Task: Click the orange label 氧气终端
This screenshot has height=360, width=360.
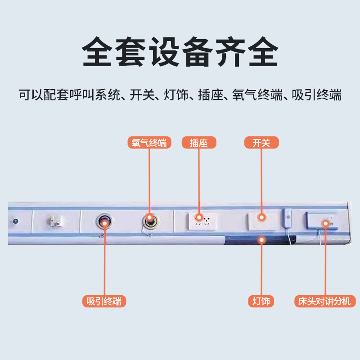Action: pos(149,143)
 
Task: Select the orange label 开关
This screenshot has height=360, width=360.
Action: pos(261,143)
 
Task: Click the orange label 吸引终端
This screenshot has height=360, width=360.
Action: pos(104,301)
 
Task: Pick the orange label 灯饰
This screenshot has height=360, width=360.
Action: pos(261,301)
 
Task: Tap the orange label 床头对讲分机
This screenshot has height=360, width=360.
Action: pos(324,301)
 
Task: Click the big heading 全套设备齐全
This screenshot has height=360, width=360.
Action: pos(180,53)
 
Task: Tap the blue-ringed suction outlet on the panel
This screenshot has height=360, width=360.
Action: pos(103,221)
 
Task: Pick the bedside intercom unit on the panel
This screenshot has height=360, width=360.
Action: pos(321,220)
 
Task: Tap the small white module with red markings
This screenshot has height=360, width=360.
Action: pos(56,221)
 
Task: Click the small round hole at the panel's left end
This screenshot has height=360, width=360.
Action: pos(16,221)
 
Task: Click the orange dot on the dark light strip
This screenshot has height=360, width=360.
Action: pos(261,240)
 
